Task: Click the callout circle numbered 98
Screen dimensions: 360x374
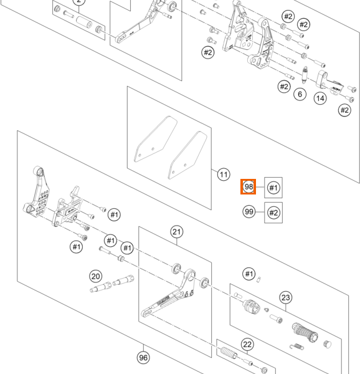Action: pyautogui.click(x=249, y=186)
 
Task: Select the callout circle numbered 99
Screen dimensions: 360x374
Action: pyautogui.click(x=249, y=211)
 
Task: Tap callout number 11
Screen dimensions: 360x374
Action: pyautogui.click(x=224, y=175)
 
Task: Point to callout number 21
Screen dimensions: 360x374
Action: pyautogui.click(x=177, y=232)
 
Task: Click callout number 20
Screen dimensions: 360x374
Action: pyautogui.click(x=95, y=276)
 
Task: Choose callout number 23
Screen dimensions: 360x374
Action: pyautogui.click(x=286, y=297)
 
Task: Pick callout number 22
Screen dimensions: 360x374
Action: pyautogui.click(x=247, y=345)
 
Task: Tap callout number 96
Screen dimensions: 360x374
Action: pyautogui.click(x=143, y=358)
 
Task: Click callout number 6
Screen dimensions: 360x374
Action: pyautogui.click(x=300, y=94)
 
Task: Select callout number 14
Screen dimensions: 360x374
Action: pyautogui.click(x=320, y=98)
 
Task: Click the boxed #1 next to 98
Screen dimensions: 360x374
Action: pyautogui.click(x=273, y=188)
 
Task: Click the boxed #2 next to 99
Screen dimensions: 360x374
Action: pyautogui.click(x=273, y=213)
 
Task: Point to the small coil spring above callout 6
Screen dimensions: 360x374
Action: pyautogui.click(x=304, y=75)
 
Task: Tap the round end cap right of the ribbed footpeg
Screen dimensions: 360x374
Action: pyautogui.click(x=328, y=344)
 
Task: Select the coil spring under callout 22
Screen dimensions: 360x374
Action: pyautogui.click(x=229, y=353)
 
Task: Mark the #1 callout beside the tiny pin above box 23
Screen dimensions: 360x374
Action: pyautogui.click(x=249, y=274)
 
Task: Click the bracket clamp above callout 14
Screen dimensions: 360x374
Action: pyautogui.click(x=330, y=82)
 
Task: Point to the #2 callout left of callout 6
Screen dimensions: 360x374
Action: pyautogui.click(x=284, y=87)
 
